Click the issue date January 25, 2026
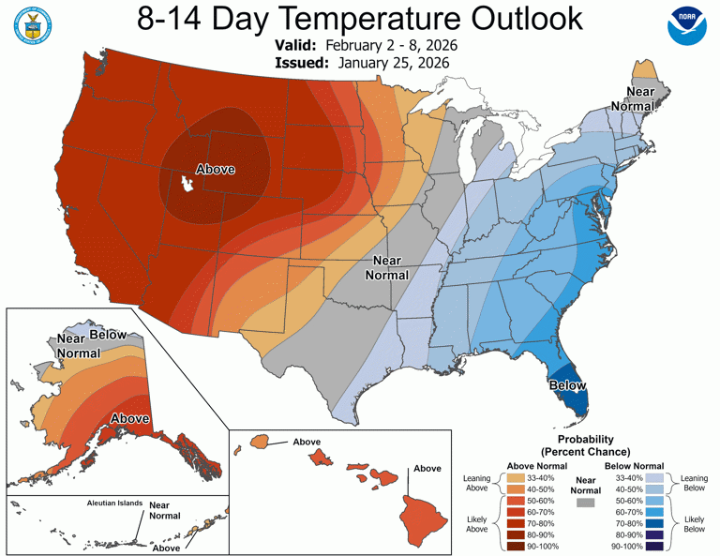click(x=389, y=63)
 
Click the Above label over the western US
click(x=215, y=170)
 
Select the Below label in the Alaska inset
click(x=108, y=335)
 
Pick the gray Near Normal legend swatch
click(x=586, y=503)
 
